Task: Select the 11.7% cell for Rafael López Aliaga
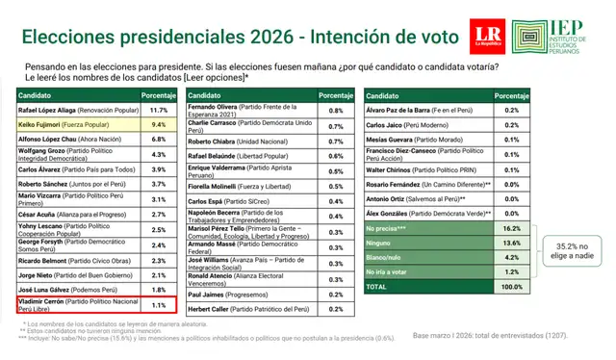pyautogui.click(x=159, y=111)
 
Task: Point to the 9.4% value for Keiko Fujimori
pyautogui.click(x=159, y=124)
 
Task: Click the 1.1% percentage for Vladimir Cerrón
pyautogui.click(x=159, y=305)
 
